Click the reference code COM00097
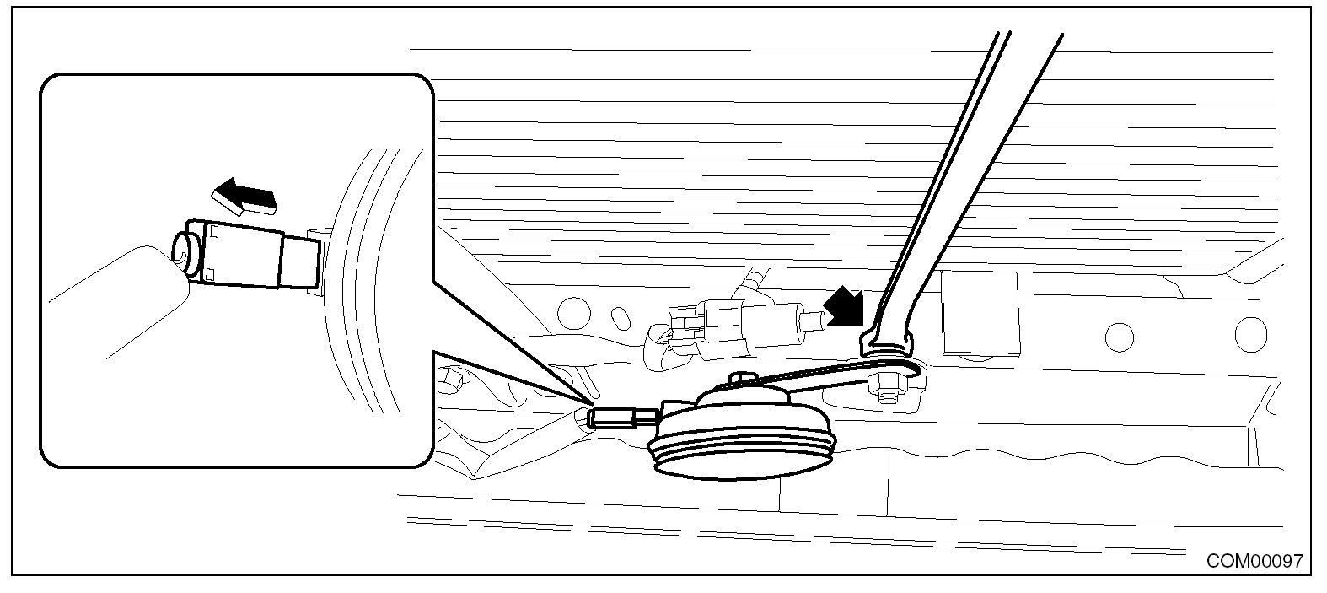[x=1254, y=560]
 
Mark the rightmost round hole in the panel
[x=1250, y=334]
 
